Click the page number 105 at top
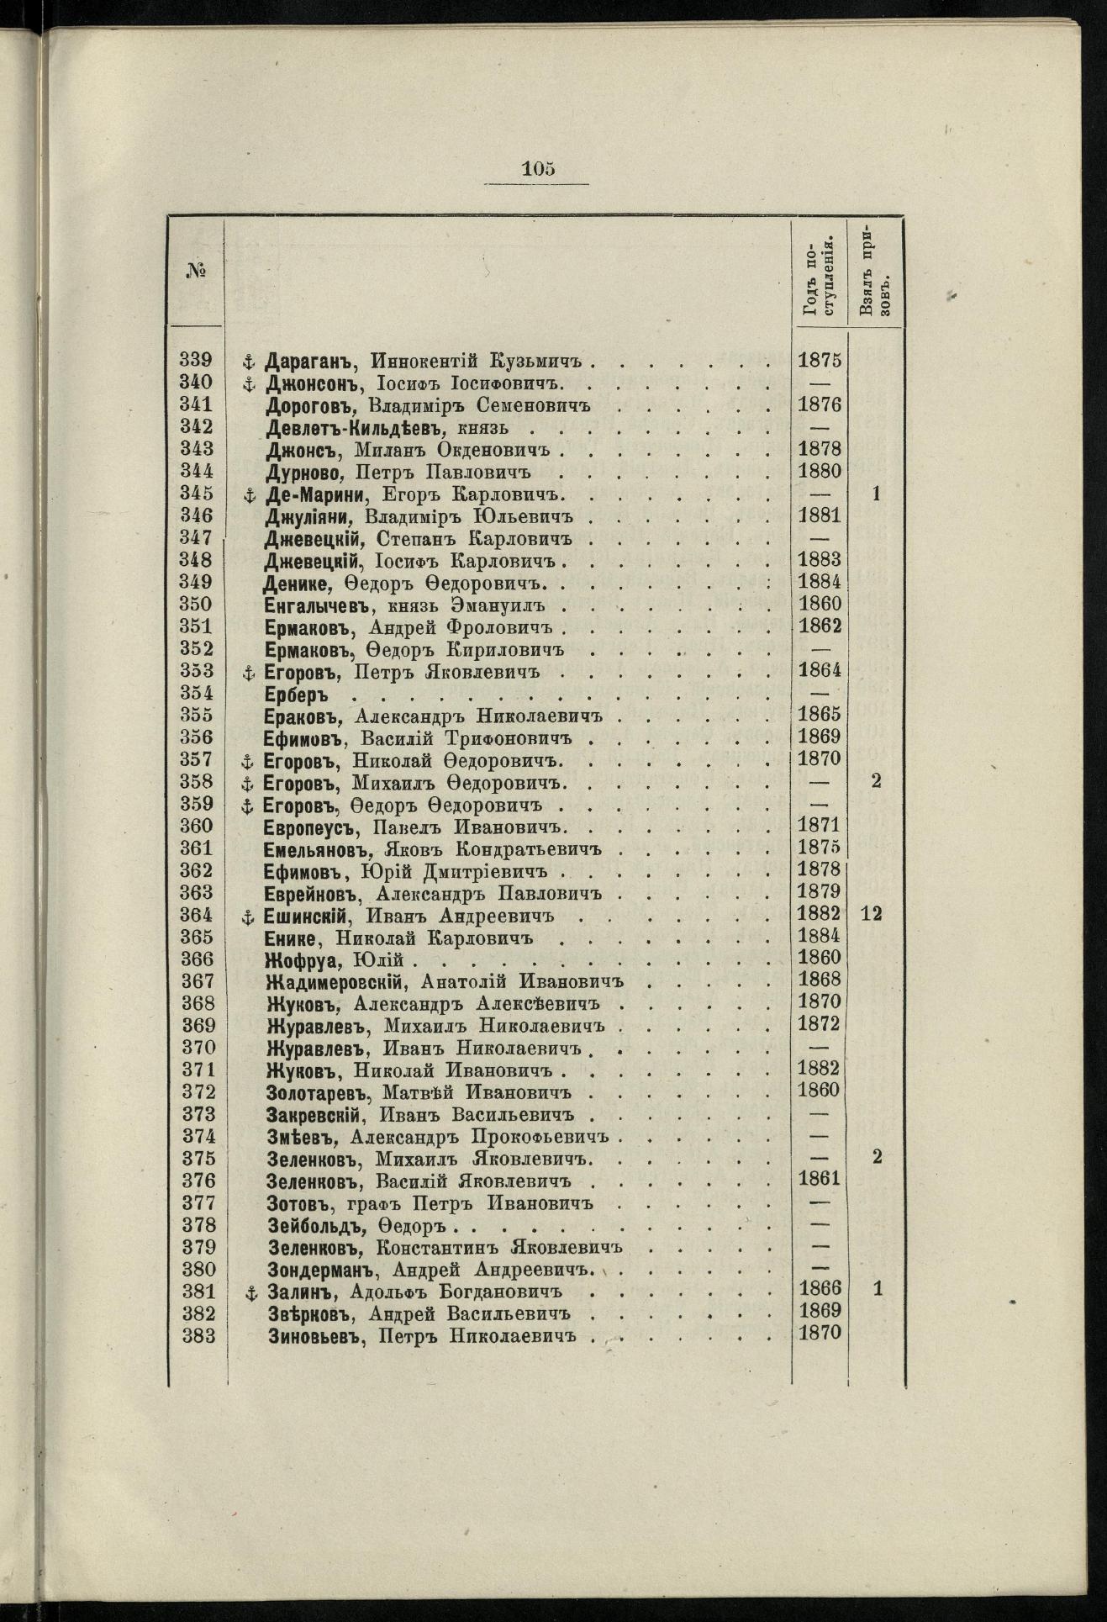coord(538,167)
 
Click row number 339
coord(198,361)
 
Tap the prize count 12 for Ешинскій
coord(871,915)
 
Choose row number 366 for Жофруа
coord(198,959)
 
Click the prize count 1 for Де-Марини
coord(876,494)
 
